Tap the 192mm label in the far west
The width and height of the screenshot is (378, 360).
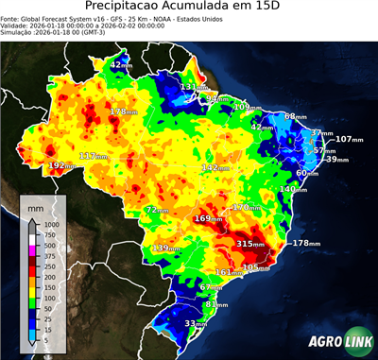62,165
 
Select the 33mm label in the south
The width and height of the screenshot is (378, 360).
195,323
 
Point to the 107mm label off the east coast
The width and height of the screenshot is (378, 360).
350,140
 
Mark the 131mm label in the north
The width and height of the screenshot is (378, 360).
194,87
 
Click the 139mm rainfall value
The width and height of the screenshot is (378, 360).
166,249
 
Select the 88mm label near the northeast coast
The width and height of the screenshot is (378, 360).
296,116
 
